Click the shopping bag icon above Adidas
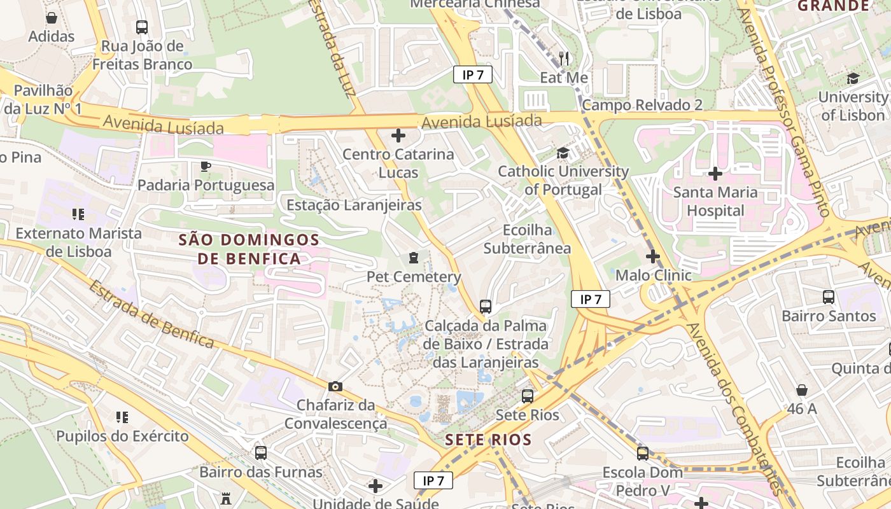[x=52, y=17]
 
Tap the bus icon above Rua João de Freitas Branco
[x=142, y=27]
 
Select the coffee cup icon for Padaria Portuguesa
[x=206, y=167]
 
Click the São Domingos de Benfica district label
[x=249, y=249]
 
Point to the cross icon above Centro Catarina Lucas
[x=398, y=136]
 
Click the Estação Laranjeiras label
[x=354, y=205]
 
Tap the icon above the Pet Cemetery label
[x=414, y=258]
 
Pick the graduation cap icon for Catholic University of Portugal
[x=563, y=153]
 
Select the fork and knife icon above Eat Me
[x=564, y=59]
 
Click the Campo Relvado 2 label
[x=643, y=105]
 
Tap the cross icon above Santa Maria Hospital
[x=715, y=173]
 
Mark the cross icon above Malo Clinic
[x=653, y=256]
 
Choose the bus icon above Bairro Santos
[x=829, y=297]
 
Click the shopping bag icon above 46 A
[x=802, y=389]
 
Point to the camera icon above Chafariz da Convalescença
[x=335, y=386]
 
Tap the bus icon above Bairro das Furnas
[x=261, y=453]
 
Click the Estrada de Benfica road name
[x=151, y=314]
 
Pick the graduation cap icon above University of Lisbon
[x=853, y=78]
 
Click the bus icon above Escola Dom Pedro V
[x=643, y=454]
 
